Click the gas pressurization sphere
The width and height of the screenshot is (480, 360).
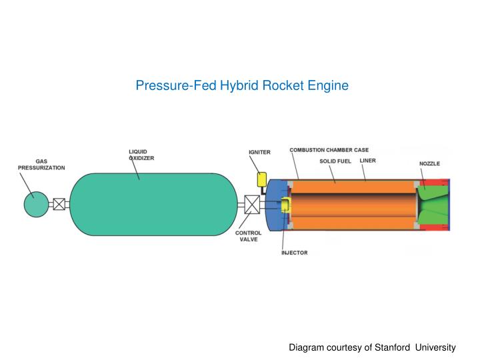tap(37, 204)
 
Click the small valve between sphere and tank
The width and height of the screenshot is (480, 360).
tap(59, 204)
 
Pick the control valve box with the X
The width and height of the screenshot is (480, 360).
tap(252, 205)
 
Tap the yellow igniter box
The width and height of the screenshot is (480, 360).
tap(262, 179)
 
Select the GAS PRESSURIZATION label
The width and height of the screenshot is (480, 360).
tap(41, 165)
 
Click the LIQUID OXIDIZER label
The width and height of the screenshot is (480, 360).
tap(141, 155)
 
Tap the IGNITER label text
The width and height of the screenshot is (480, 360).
tap(259, 152)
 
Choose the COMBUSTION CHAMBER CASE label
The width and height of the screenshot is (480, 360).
tap(329, 150)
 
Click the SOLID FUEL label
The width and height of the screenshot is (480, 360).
tap(334, 161)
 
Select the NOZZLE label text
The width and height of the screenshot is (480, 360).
tap(429, 163)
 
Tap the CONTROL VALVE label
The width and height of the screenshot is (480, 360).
tap(248, 237)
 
